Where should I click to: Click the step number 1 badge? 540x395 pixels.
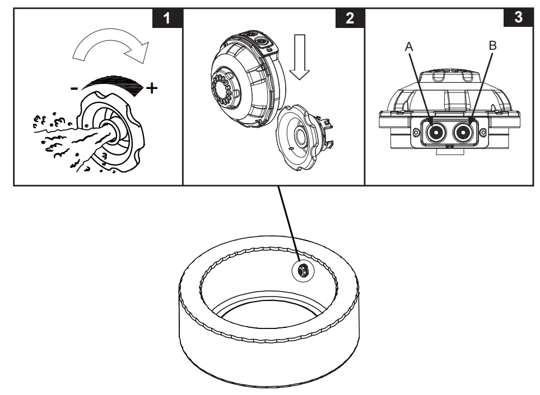pos(166,18)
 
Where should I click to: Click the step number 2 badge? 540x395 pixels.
pos(350,18)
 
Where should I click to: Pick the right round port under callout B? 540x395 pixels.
pos(464,133)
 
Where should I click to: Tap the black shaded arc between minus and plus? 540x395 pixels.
pos(113,82)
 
